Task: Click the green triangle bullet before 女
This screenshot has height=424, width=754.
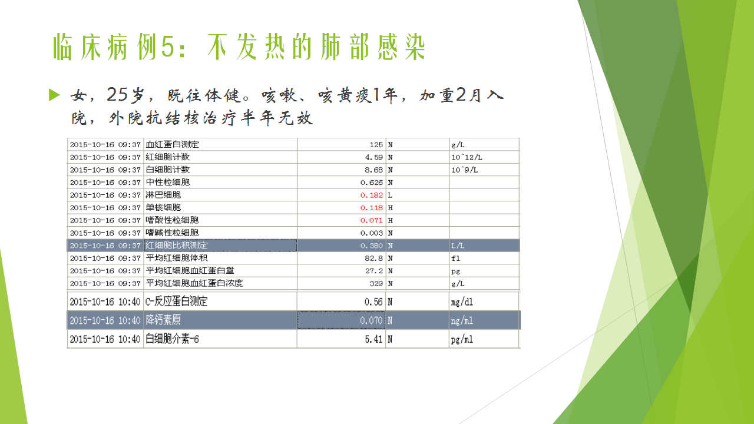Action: click(54, 95)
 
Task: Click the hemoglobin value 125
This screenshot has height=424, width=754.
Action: click(376, 145)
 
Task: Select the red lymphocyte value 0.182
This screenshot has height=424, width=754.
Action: click(372, 195)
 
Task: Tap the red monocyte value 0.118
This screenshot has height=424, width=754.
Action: click(372, 208)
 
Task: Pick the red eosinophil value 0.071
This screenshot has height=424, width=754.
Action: click(372, 220)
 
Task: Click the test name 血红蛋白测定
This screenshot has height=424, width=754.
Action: click(173, 144)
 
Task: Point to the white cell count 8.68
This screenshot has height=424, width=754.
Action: click(373, 170)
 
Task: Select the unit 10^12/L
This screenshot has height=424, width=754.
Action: click(467, 157)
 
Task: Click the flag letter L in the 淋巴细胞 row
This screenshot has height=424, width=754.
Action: click(390, 195)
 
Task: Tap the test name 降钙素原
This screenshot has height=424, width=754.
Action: click(163, 320)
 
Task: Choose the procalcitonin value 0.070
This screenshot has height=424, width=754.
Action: click(371, 320)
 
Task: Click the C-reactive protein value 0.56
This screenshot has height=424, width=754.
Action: click(373, 302)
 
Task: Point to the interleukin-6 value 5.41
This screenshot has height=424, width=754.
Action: click(373, 339)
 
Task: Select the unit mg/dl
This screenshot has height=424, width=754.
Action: click(462, 302)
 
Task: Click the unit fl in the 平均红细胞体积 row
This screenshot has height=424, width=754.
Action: click(455, 259)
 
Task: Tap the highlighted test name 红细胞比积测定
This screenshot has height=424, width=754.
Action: click(177, 246)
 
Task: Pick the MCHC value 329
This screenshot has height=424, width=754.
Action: click(376, 284)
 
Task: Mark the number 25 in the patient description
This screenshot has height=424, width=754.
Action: click(117, 95)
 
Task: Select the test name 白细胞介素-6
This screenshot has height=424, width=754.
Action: click(172, 339)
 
